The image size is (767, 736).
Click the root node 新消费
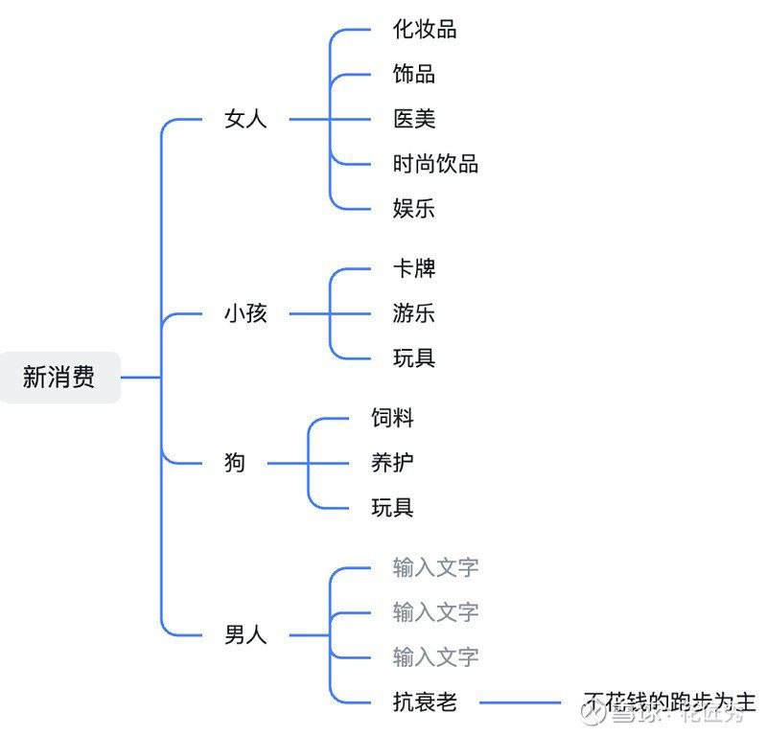click(x=59, y=377)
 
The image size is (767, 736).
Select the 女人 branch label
click(x=245, y=120)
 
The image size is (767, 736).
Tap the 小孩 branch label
click(x=245, y=313)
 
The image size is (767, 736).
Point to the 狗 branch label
click(x=235, y=463)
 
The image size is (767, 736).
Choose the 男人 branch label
click(x=245, y=634)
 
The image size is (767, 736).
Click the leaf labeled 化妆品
click(x=425, y=30)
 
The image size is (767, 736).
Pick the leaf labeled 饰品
click(x=414, y=74)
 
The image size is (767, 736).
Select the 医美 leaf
click(x=414, y=119)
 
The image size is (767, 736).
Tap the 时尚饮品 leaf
click(x=435, y=164)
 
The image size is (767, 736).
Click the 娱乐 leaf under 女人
click(x=414, y=208)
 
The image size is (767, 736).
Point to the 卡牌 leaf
click(x=414, y=268)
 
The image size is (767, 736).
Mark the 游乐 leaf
click(x=414, y=313)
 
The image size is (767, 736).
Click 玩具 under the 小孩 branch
click(x=414, y=358)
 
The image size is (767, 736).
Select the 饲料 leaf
click(x=393, y=418)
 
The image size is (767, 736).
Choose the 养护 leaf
click(x=393, y=463)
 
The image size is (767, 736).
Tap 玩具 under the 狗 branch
click(x=393, y=508)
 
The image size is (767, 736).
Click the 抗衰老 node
click(x=425, y=702)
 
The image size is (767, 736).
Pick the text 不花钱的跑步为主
click(x=669, y=701)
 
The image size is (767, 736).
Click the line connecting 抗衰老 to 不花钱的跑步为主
click(x=520, y=702)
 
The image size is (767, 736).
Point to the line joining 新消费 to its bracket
click(x=140, y=377)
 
